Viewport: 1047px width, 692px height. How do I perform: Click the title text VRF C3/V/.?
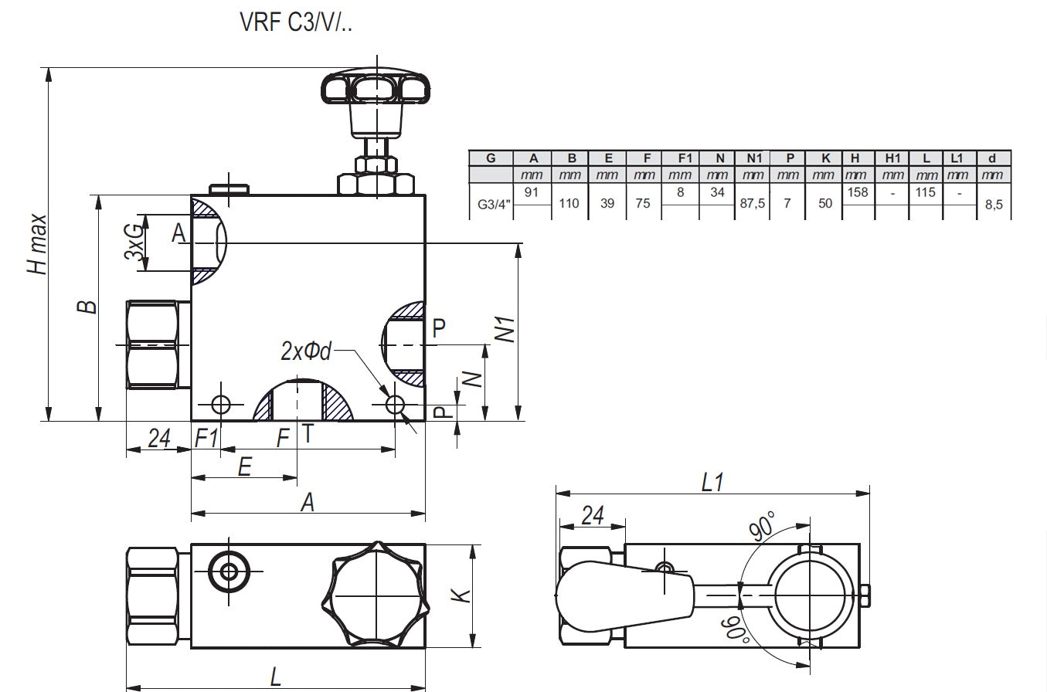pyautogui.click(x=297, y=22)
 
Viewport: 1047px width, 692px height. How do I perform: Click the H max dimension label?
pyautogui.click(x=36, y=244)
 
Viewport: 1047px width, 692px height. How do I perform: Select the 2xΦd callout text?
pyautogui.click(x=306, y=351)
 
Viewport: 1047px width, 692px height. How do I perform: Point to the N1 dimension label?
pyautogui.click(x=505, y=330)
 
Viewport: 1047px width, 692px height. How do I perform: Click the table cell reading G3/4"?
pyautogui.click(x=491, y=205)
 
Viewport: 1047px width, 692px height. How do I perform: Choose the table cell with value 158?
pyautogui.click(x=858, y=192)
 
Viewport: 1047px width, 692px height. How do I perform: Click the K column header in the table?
pyautogui.click(x=826, y=158)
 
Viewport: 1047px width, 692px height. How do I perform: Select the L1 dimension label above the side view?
pyautogui.click(x=712, y=483)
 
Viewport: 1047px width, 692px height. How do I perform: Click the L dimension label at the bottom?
pyautogui.click(x=275, y=677)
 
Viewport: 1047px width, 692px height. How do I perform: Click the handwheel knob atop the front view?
pyautogui.click(x=376, y=88)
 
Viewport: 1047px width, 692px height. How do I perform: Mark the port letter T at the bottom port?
pyautogui.click(x=307, y=434)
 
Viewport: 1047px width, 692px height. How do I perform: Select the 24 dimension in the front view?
pyautogui.click(x=158, y=439)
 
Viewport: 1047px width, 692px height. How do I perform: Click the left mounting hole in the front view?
pyautogui.click(x=221, y=404)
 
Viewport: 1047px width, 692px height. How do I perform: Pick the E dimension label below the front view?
pyautogui.click(x=244, y=468)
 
